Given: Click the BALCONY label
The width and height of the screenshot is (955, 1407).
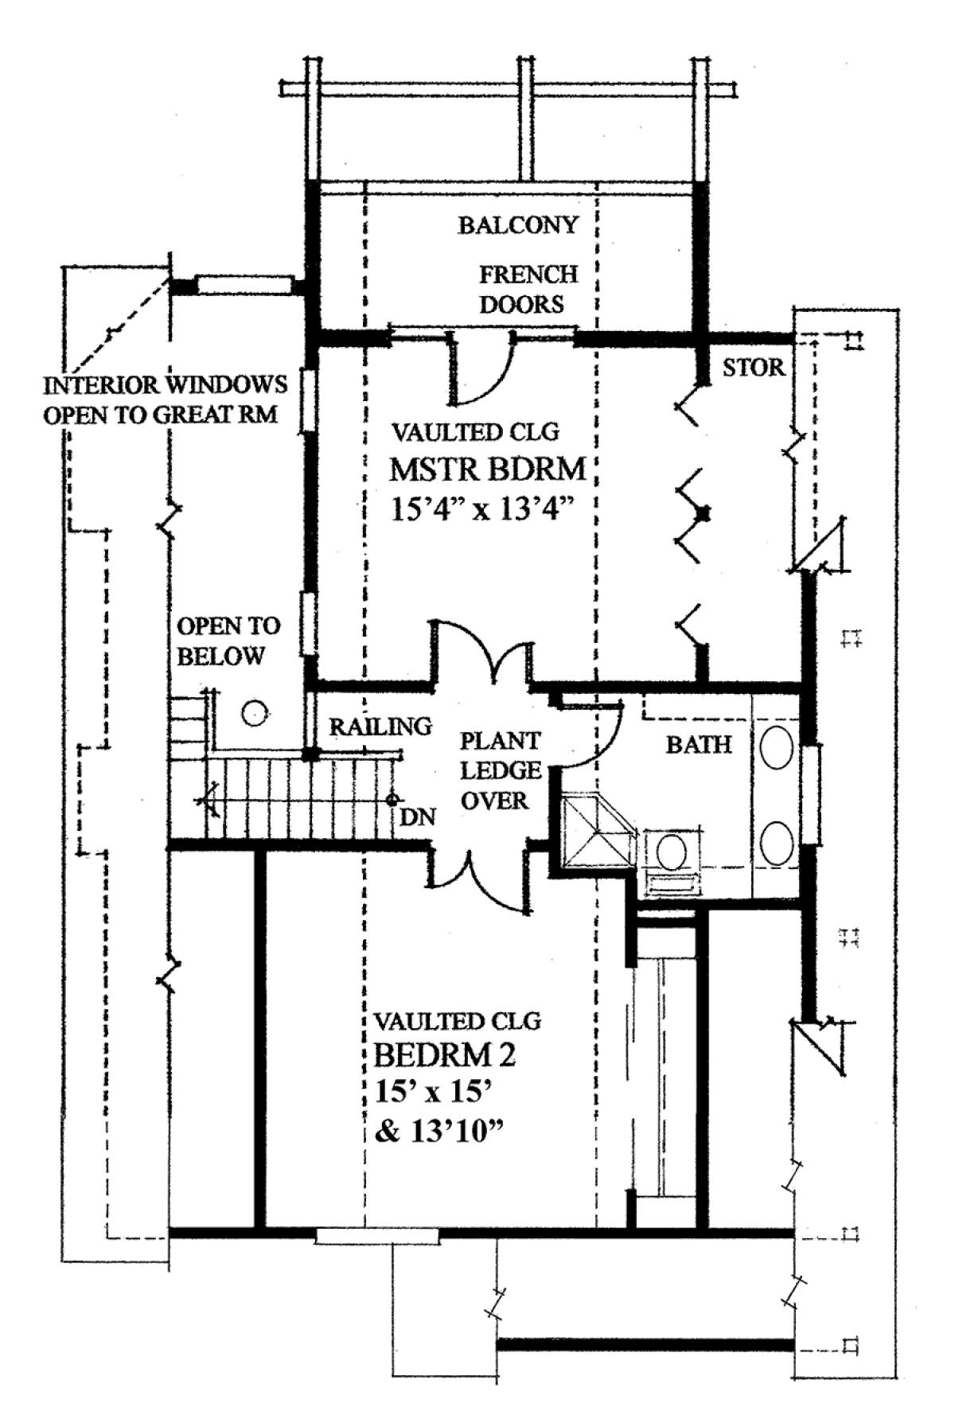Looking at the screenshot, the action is point(517,225).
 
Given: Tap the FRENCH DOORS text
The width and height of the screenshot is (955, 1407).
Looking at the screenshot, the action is point(526,290).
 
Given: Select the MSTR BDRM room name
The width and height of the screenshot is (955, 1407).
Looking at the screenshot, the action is point(488,470).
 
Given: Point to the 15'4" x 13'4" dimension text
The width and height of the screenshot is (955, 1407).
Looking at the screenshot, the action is point(483,508).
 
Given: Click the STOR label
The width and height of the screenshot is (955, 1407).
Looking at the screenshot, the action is point(754,368).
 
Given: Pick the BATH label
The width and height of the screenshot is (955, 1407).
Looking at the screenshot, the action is point(699,744).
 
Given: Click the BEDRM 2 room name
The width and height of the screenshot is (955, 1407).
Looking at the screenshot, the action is point(444,1055).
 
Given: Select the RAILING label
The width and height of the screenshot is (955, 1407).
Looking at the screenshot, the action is point(380,726).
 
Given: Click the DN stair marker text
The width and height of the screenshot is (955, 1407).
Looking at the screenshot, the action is point(418,817).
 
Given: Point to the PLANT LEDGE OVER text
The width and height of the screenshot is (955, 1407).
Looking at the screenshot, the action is point(500,771).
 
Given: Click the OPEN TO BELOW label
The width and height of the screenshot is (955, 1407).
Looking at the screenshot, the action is point(228,641).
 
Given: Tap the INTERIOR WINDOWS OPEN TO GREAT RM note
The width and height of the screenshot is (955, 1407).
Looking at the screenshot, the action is point(165,399).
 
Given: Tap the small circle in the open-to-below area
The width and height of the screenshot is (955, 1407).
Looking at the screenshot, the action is point(255,713).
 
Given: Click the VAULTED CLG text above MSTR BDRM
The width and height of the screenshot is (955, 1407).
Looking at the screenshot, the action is point(475,433).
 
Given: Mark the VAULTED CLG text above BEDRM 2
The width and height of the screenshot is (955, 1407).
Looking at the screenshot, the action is point(458,1020).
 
